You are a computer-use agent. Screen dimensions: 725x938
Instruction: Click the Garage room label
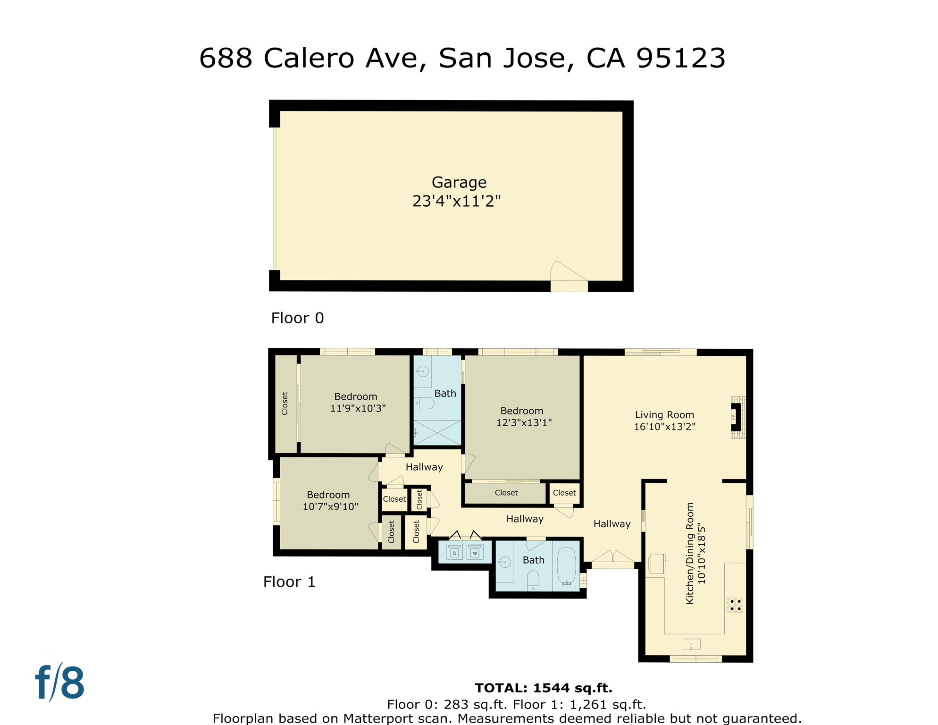(x=459, y=182)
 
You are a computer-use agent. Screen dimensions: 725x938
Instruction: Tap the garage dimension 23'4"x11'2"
(x=456, y=201)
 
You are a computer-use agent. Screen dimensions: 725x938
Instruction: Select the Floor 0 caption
(x=297, y=318)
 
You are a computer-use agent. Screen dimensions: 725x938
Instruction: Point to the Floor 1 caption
(x=289, y=582)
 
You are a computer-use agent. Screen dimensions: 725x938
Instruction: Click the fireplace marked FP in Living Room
(x=735, y=417)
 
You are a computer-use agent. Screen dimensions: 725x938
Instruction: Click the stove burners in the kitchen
(x=735, y=605)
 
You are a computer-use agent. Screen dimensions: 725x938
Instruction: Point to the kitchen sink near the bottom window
(x=691, y=644)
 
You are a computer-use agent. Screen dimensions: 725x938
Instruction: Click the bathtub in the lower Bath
(x=566, y=565)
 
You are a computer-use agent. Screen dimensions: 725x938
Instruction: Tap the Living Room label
(x=664, y=415)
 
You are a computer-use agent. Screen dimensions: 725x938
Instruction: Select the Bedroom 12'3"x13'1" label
(x=522, y=411)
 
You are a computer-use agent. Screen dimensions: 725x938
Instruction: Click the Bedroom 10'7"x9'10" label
(x=328, y=495)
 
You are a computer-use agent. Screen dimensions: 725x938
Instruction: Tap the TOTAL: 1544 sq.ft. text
(x=544, y=688)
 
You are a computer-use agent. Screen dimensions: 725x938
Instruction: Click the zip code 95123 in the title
(x=680, y=59)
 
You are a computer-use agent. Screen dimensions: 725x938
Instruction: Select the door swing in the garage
(x=568, y=273)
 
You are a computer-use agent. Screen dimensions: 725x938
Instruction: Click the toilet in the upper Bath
(x=424, y=403)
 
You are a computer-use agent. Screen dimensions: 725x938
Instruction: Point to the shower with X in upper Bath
(x=437, y=432)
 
